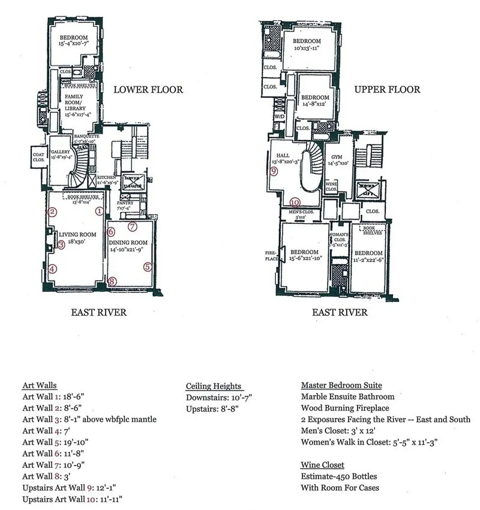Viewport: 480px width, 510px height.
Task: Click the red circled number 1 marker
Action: point(99,211)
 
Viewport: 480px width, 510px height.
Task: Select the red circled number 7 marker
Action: point(133,227)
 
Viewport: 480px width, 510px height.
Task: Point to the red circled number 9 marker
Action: point(274,171)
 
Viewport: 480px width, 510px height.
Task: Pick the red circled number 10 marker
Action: point(295,202)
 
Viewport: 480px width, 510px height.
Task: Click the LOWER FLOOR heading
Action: point(148,90)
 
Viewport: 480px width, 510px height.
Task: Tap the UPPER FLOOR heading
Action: point(387,90)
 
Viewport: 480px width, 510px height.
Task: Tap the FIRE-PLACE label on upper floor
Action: point(272,255)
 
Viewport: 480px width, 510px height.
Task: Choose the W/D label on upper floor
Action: point(279,116)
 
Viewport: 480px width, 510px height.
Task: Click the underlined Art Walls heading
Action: point(39,385)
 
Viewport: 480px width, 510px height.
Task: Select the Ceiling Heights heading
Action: point(214,386)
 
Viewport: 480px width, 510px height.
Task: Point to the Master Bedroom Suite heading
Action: point(341,385)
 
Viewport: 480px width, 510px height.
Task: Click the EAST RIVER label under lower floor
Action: point(98,313)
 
